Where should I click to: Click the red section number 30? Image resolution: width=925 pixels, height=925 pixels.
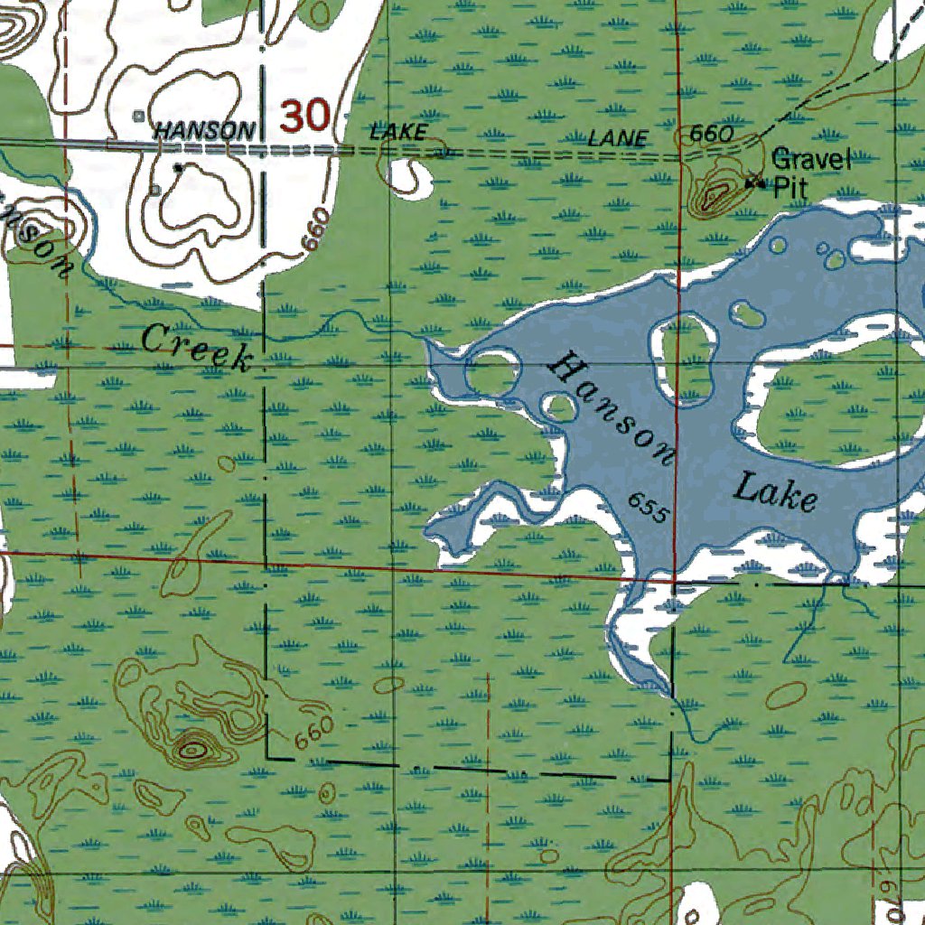click(304, 117)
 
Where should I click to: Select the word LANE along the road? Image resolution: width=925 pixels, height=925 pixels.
click(618, 138)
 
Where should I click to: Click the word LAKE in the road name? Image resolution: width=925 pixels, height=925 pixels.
click(397, 132)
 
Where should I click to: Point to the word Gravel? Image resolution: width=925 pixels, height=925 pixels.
click(811, 161)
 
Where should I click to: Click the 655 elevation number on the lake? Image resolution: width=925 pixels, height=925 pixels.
click(648, 508)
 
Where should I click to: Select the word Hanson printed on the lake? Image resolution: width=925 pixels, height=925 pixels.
click(612, 409)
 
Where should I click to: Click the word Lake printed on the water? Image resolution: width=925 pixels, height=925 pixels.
click(775, 492)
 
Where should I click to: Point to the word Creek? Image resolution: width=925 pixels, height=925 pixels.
click(196, 348)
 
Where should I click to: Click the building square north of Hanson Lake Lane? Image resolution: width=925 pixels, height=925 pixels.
click(138, 116)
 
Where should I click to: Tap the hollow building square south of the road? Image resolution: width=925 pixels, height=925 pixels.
click(156, 189)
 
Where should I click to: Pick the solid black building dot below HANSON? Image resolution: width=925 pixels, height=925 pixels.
click(178, 167)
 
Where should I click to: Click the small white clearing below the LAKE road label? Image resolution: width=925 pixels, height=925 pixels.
click(412, 176)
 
